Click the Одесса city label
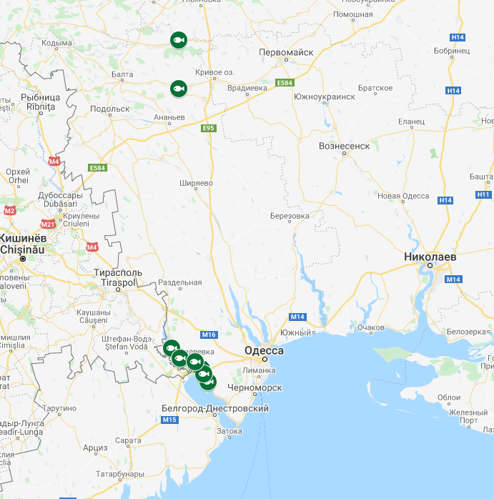[264, 350]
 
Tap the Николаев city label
[430, 255]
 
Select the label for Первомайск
[286, 52]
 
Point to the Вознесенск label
[344, 146]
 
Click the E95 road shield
[208, 128]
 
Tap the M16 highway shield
[209, 335]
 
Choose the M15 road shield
[169, 420]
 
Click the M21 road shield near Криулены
[48, 224]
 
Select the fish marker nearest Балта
[178, 88]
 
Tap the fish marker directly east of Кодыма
[178, 40]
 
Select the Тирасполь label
[119, 272]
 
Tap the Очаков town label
[371, 328]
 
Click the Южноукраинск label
[324, 96]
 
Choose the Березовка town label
[290, 215]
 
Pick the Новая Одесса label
[403, 196]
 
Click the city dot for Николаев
[430, 265]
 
